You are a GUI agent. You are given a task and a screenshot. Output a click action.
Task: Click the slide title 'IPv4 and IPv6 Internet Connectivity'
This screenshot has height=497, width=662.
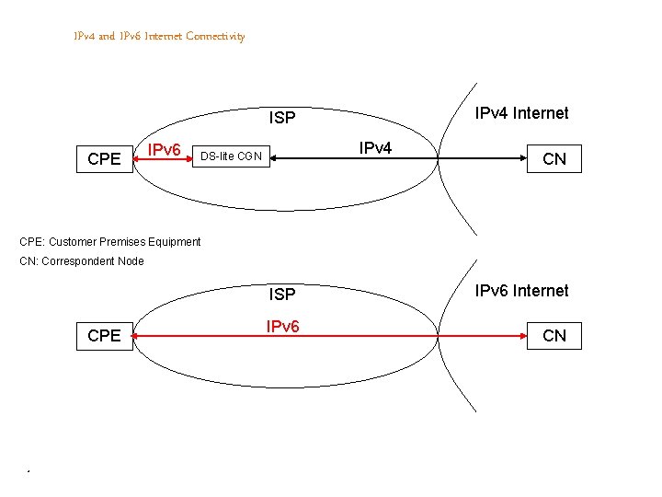159,36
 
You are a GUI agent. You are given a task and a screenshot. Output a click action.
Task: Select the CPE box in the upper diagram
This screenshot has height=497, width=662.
104,159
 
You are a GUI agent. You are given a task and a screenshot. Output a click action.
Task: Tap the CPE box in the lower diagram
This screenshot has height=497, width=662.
104,336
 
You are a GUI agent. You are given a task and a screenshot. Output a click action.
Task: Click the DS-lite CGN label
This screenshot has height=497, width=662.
231,156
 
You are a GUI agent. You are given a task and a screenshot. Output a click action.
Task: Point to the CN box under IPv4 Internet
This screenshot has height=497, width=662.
554,159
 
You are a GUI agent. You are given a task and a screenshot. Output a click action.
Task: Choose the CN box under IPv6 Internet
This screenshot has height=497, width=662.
554,336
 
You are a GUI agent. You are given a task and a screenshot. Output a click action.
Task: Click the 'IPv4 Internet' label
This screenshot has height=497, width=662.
521,113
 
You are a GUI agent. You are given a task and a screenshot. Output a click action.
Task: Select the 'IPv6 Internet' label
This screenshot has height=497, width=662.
521,291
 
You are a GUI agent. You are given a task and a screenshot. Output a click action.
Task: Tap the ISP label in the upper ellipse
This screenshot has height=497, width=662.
282,118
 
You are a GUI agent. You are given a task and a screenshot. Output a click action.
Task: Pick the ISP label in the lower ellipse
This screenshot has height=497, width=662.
282,295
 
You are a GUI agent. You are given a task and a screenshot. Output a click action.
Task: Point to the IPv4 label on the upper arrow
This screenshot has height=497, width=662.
375,148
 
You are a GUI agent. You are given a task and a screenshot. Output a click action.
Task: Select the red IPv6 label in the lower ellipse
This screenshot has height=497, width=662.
282,327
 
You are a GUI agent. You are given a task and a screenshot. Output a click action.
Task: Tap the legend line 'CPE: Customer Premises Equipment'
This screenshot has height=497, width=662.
109,242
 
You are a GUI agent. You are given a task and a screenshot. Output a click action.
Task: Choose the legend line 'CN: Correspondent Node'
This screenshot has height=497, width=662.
82,261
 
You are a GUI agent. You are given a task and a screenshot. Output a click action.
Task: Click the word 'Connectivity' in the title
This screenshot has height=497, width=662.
215,36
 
